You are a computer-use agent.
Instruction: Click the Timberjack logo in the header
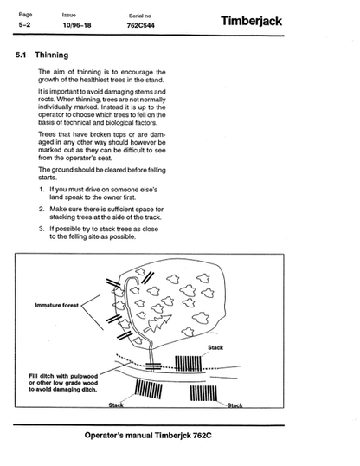click(x=251, y=22)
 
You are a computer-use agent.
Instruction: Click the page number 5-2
click(x=24, y=24)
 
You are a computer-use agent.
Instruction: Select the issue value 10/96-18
click(x=77, y=25)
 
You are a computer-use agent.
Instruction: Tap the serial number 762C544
click(x=140, y=26)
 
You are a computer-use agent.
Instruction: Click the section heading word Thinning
click(x=52, y=55)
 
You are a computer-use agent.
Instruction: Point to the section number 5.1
click(x=21, y=55)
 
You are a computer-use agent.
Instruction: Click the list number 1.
click(x=42, y=190)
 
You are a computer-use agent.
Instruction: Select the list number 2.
click(x=42, y=209)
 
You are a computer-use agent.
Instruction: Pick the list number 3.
click(x=42, y=229)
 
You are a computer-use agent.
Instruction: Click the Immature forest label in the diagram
click(x=57, y=305)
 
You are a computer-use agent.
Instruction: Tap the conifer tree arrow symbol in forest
click(x=157, y=323)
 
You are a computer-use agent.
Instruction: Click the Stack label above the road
click(x=215, y=347)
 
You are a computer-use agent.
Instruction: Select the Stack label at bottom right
click(x=235, y=405)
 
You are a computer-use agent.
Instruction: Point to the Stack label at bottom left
click(x=116, y=405)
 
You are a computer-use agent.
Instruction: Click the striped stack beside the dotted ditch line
click(x=189, y=363)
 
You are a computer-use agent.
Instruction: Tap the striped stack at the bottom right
click(x=203, y=393)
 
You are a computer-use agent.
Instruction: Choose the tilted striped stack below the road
click(x=149, y=389)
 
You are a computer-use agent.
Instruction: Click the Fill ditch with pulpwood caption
click(x=63, y=383)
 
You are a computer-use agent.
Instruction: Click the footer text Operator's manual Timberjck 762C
click(x=148, y=436)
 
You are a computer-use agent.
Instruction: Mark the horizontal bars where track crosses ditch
click(x=153, y=366)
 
